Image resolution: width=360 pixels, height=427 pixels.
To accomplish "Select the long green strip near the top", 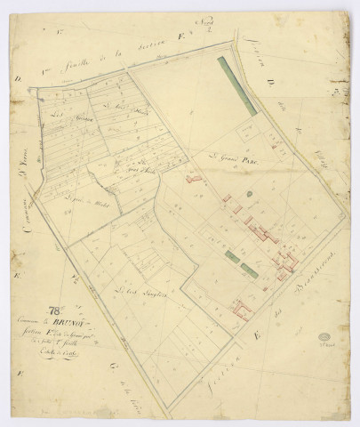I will click(238, 85).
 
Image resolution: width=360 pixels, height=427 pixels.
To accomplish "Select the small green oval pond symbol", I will click(250, 193).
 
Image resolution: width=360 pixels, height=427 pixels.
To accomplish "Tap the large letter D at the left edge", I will click(17, 78).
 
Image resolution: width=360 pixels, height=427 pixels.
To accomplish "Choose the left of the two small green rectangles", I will click(231, 256).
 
